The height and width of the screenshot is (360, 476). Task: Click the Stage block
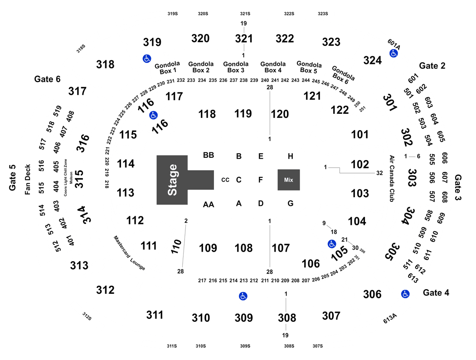coord(172,180)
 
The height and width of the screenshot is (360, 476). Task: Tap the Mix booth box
coord(289,180)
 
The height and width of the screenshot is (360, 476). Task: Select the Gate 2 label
coord(432,66)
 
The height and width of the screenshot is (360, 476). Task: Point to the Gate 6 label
coord(47,79)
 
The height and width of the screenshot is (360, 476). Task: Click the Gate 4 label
coord(436,292)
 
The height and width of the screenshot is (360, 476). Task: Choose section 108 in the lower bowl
coord(243,248)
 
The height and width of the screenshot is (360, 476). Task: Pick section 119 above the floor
coord(243,114)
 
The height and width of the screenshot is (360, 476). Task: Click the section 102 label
coord(360,164)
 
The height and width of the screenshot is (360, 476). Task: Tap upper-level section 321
coord(244,39)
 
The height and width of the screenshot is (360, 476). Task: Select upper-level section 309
coord(243,318)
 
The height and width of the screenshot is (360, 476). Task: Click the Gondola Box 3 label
coord(236,67)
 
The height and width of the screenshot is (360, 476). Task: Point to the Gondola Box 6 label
coord(342,75)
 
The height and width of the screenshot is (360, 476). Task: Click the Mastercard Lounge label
coord(129,253)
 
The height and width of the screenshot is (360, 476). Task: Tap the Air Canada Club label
coord(392,178)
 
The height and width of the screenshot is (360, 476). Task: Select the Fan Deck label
coord(27,180)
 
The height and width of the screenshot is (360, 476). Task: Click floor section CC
coord(225,180)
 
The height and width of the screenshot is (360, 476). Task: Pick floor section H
coord(290,156)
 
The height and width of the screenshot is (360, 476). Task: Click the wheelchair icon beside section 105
coord(332,244)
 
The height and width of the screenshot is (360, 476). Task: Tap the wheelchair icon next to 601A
coord(394,54)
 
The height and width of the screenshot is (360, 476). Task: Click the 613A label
coord(390,318)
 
